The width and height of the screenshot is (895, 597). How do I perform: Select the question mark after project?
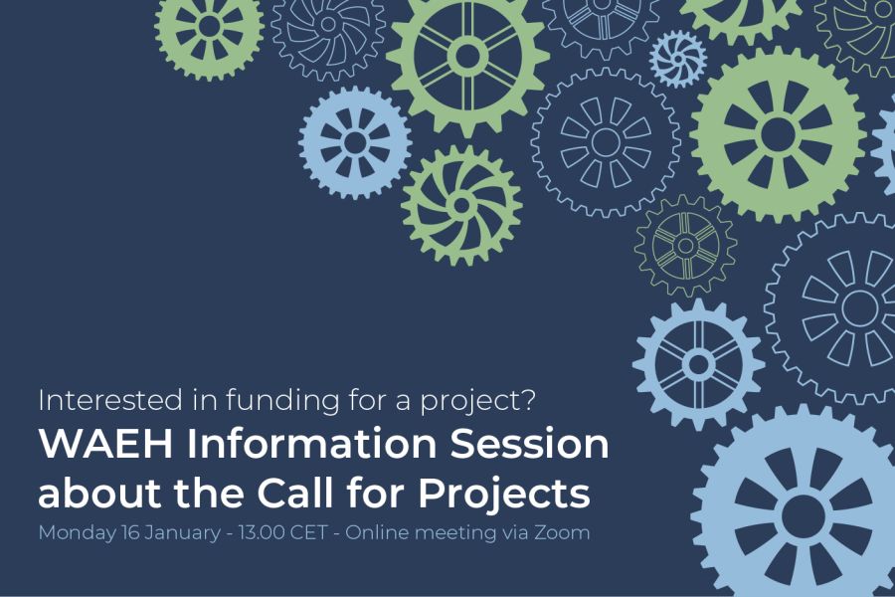coord(529,400)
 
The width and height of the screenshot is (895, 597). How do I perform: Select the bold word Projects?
coord(504,495)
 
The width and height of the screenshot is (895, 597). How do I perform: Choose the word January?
coord(182,533)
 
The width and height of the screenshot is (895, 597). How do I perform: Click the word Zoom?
coord(562,532)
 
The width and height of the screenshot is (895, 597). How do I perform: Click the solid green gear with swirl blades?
coord(461,205)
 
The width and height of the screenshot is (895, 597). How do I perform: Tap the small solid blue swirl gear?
coord(677,59)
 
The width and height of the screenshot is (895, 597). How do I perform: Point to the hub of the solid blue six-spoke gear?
coord(699,364)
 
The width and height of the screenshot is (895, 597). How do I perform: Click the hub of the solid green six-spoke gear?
coord(467,56)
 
